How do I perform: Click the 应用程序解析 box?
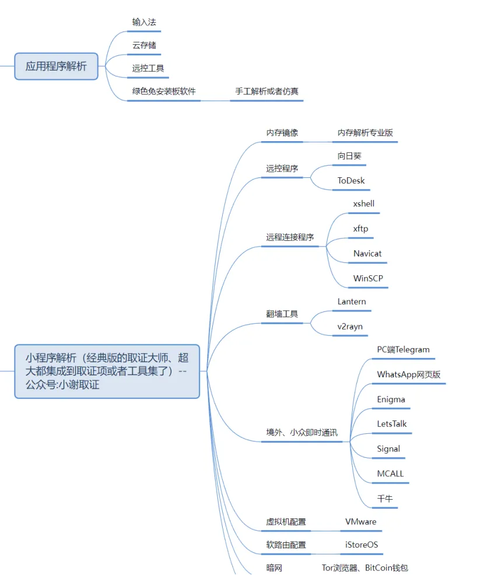point(56,66)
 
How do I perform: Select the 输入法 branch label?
point(143,22)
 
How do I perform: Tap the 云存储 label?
point(143,45)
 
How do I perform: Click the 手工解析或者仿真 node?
point(266,91)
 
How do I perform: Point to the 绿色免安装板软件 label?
point(164,91)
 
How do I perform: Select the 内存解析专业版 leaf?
point(365,132)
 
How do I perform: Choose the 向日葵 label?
point(349,156)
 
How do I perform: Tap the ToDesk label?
point(350,180)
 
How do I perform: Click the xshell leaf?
point(363,204)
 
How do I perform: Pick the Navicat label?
point(367,254)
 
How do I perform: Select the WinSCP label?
point(368,278)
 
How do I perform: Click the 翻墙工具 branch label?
point(282,314)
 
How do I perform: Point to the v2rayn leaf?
point(349,326)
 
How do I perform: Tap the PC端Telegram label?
point(403,349)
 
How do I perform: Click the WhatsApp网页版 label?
point(408,374)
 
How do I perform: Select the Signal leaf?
point(388,448)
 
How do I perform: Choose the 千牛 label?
point(384,499)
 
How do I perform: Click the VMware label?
point(360,521)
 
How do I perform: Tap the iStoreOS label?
point(361,545)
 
